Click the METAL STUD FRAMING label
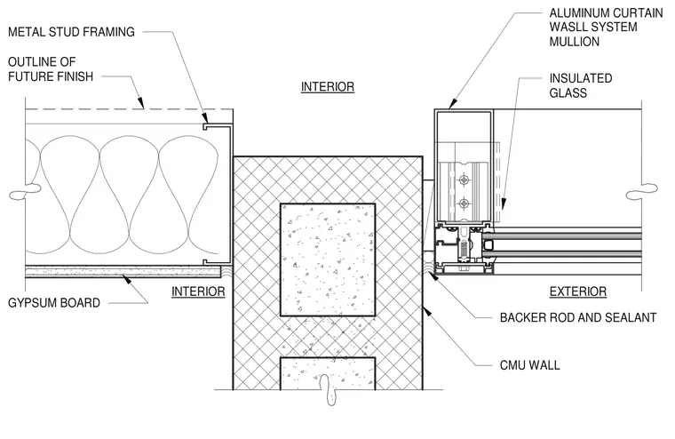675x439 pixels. point(71,32)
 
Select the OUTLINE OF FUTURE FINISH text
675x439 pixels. point(51,69)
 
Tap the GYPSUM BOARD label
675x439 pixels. point(54,303)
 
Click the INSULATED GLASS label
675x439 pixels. point(580,85)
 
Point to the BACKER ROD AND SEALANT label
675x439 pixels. point(577,317)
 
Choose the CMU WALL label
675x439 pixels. point(529,365)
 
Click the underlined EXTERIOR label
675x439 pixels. point(577,291)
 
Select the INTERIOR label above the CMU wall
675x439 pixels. point(328,86)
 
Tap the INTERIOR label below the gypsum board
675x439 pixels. point(198,291)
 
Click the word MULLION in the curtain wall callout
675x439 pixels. point(575,42)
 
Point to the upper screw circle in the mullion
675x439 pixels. point(464,180)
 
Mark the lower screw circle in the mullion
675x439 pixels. point(464,204)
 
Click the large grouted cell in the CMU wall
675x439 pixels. point(328,259)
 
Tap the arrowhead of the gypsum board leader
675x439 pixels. point(126,279)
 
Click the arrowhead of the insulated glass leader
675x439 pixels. point(504,204)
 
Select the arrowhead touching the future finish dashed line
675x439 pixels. point(140,102)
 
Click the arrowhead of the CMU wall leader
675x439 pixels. point(427,311)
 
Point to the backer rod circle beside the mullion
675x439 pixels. point(428,258)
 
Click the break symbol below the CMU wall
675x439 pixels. point(329,390)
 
